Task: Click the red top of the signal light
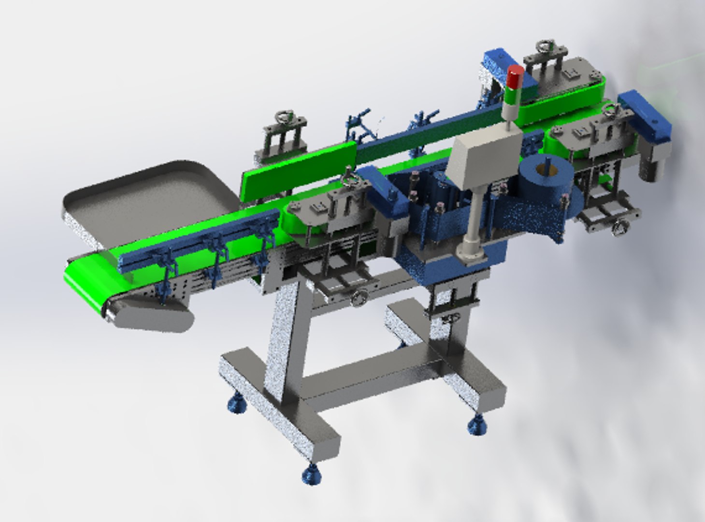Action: pos(515,74)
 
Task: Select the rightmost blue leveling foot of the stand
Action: pos(477,427)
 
